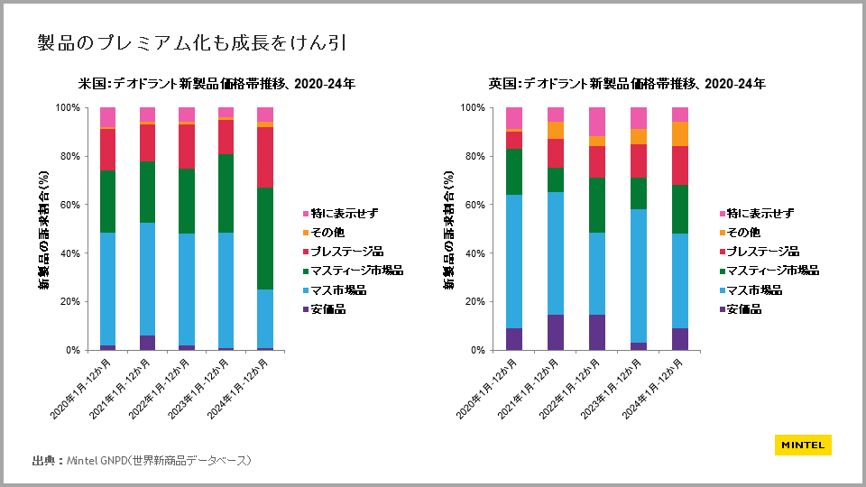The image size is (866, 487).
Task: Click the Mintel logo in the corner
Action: point(802,445)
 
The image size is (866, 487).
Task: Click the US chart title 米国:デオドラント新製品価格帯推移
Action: point(216,84)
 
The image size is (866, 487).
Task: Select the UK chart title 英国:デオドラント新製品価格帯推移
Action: point(627,84)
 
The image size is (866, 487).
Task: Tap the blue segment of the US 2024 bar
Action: point(265,319)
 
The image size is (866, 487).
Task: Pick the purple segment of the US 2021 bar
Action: point(148,343)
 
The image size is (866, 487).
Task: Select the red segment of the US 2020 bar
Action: point(108,150)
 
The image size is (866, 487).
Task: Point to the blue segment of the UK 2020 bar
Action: point(514,262)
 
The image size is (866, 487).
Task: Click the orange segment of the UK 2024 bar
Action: point(680,133)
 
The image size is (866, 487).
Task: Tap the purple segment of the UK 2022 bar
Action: point(597,332)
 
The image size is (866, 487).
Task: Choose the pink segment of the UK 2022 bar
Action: point(597,121)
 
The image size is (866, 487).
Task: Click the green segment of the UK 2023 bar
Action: point(639,193)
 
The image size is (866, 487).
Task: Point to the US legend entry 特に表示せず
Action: point(344,214)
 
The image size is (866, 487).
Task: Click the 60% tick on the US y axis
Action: point(68,205)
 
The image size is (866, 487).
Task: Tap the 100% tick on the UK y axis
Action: point(472,107)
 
